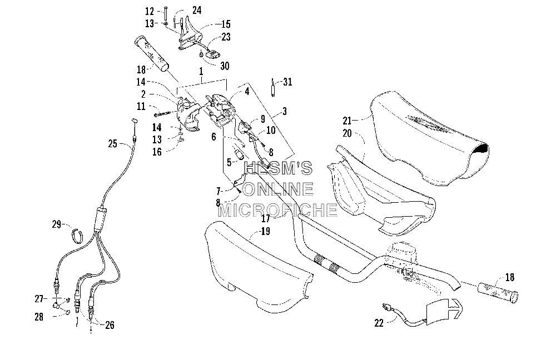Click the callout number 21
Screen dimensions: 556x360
click(347, 121)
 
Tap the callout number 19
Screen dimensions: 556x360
click(265, 231)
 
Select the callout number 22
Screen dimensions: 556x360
click(379, 323)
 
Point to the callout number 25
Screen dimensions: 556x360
click(113, 143)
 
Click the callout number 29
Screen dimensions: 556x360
click(57, 224)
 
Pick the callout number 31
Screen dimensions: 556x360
click(287, 82)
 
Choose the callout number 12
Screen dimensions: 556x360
click(150, 11)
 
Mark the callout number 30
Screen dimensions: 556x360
click(225, 66)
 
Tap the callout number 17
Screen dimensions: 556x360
click(266, 219)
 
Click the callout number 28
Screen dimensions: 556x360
click(39, 317)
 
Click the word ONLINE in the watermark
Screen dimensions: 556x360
click(278, 189)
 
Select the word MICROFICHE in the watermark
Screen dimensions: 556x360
click(277, 210)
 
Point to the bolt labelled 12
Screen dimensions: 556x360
click(165, 14)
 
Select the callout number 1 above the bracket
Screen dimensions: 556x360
click(201, 71)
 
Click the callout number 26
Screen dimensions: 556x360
click(110, 325)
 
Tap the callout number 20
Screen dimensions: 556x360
click(347, 133)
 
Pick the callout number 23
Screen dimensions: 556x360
click(226, 37)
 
